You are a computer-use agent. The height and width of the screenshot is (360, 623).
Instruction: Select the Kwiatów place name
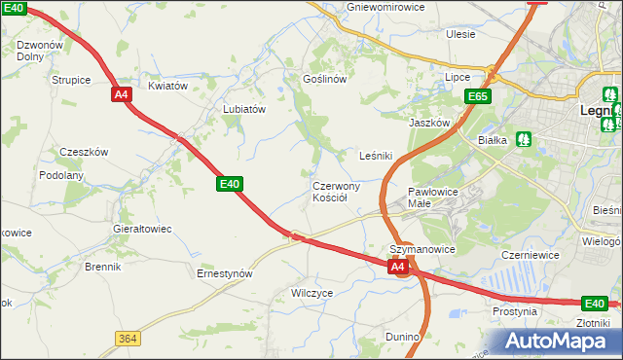pyautogui.click(x=167, y=86)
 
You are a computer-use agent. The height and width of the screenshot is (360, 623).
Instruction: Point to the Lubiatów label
pyautogui.click(x=244, y=110)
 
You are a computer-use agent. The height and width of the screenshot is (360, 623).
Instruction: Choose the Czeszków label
pyautogui.click(x=84, y=152)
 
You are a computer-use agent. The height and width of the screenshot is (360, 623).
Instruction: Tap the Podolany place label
pyautogui.click(x=61, y=175)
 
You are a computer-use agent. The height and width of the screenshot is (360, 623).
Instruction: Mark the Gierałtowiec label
pyautogui.click(x=142, y=229)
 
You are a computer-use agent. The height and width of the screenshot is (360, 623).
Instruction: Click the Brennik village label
pyautogui.click(x=102, y=266)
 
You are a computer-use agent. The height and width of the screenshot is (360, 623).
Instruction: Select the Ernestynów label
pyautogui.click(x=225, y=273)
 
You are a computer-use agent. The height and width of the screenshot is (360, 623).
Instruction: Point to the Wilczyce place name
pyautogui.click(x=312, y=292)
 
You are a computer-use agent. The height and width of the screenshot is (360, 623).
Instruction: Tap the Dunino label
pyautogui.click(x=402, y=337)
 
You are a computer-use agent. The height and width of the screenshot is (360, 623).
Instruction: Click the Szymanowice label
pyautogui.click(x=422, y=249)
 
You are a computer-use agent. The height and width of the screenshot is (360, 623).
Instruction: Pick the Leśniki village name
pyautogui.click(x=376, y=155)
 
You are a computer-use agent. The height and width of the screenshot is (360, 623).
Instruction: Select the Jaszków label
pyautogui.click(x=429, y=124)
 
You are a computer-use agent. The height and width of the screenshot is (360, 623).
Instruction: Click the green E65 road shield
pyautogui.click(x=477, y=97)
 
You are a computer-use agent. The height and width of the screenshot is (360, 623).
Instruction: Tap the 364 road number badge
pyautogui.click(x=127, y=338)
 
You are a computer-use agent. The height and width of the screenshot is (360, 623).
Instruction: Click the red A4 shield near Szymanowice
pyautogui.click(x=397, y=266)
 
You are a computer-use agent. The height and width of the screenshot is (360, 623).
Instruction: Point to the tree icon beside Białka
pyautogui.click(x=524, y=140)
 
